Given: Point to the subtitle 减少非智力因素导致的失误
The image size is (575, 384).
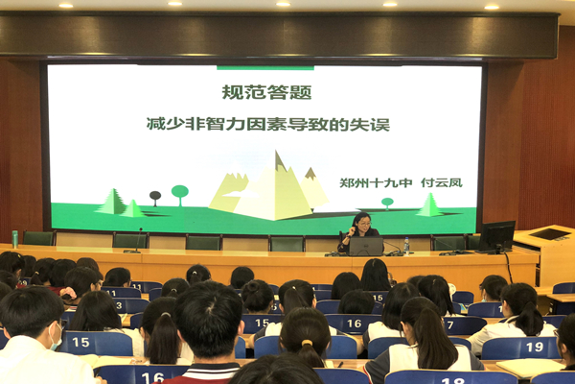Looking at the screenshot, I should coord(267,124).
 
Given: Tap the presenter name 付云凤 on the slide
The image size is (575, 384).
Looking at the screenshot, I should coord(442,182).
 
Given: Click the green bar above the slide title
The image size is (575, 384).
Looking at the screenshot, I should coord(265,68).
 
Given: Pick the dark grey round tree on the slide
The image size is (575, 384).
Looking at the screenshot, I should coord(155,197).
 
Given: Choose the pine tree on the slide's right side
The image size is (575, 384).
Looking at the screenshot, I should coord(428,204).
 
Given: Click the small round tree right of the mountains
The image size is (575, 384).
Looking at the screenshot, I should coord(387,203).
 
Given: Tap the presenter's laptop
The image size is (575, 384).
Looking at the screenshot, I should coord(365,246).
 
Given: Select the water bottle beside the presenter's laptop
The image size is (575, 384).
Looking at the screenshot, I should coord(406,245).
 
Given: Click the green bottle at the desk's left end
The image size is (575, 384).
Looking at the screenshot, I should coord(15,238).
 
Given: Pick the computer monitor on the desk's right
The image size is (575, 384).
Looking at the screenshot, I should coord(497,235).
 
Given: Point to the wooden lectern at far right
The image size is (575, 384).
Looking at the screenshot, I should coord(553,254).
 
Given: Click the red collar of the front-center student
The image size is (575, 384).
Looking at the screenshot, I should coord(206,368).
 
